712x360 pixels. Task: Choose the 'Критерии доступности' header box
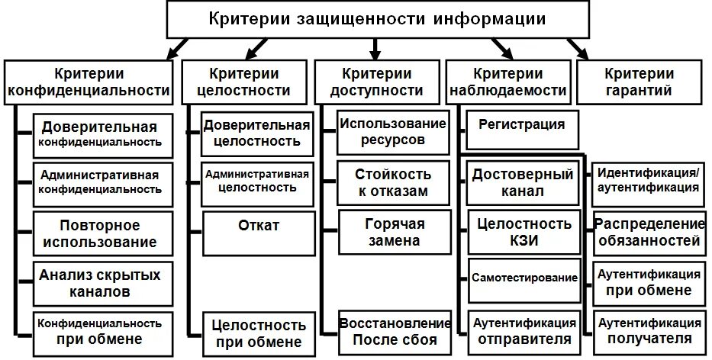click(x=376, y=82)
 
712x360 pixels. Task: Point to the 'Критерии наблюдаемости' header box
click(x=507, y=82)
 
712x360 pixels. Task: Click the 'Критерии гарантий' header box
click(x=639, y=82)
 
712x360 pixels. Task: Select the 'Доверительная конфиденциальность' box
click(x=100, y=133)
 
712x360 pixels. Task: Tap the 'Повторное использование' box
click(x=100, y=233)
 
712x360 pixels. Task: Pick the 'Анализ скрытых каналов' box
click(x=100, y=282)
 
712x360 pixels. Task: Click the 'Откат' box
click(x=259, y=227)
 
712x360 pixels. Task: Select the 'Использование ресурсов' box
click(x=392, y=131)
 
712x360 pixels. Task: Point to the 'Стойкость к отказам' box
click(x=392, y=183)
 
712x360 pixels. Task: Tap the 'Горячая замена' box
click(x=392, y=232)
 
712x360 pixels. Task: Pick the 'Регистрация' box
click(x=522, y=124)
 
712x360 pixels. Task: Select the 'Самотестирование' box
click(x=524, y=278)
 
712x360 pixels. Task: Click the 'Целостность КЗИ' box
click(x=524, y=233)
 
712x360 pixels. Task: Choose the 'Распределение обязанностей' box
click(x=649, y=232)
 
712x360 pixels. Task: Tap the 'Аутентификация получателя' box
click(x=649, y=330)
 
